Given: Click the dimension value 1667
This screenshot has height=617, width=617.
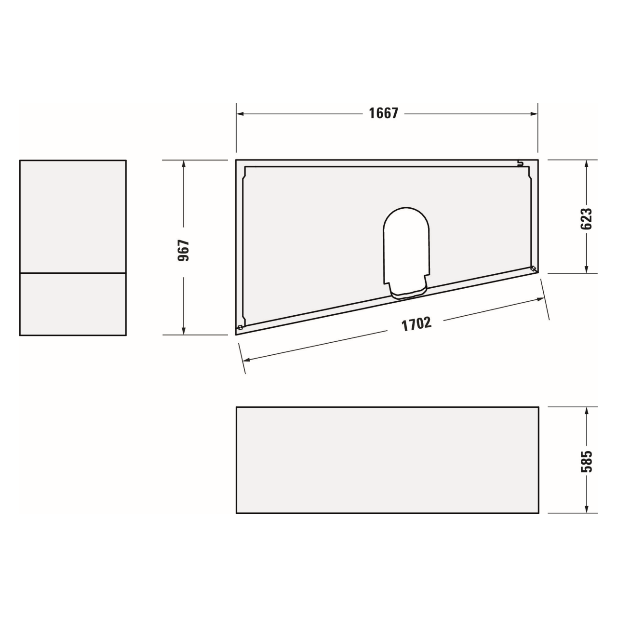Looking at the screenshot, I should pyautogui.click(x=383, y=113).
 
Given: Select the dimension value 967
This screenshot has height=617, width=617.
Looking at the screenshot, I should pyautogui.click(x=184, y=250).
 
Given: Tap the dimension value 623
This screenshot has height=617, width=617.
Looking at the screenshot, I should pyautogui.click(x=586, y=219).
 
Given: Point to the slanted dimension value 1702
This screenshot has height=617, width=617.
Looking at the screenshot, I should pyautogui.click(x=416, y=324).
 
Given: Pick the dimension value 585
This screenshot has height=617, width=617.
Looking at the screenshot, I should pyautogui.click(x=586, y=461).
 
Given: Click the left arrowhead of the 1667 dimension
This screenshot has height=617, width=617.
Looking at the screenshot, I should pyautogui.click(x=240, y=114).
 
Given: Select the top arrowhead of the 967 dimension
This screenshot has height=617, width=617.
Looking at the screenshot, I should pyautogui.click(x=184, y=164).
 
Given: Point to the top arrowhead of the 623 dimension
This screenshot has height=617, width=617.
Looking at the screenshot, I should pyautogui.click(x=586, y=164).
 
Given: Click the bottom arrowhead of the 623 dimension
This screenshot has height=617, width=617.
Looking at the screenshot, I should pyautogui.click(x=586, y=269).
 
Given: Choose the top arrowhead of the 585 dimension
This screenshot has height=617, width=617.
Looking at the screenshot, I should pyautogui.click(x=586, y=411).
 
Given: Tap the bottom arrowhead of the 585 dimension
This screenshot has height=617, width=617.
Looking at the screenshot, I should pyautogui.click(x=586, y=509).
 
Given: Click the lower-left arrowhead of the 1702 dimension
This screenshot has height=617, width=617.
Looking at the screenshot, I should pyautogui.click(x=246, y=360).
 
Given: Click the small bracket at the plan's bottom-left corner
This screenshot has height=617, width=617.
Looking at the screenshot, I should pyautogui.click(x=240, y=328).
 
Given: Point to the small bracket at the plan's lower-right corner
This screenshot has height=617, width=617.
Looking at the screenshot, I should pyautogui.click(x=533, y=268).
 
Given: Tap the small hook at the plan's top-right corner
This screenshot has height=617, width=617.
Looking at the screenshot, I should pyautogui.click(x=520, y=163).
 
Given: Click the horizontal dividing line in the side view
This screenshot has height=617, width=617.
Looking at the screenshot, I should pyautogui.click(x=73, y=273).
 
